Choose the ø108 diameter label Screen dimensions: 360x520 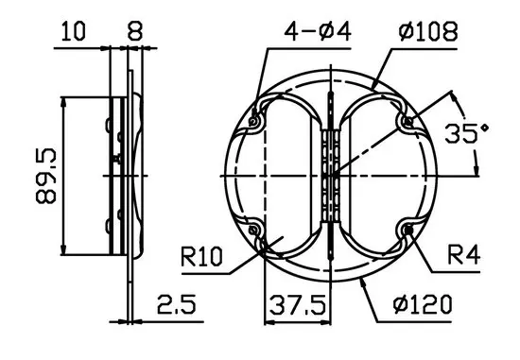coord(428,31)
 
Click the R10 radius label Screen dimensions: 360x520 coord(202,255)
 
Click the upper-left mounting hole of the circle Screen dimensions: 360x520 coord(255,121)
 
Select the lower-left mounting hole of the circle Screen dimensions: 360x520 coord(255,231)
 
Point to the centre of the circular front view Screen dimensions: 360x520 coord(330,176)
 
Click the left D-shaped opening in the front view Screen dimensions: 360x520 coord(284,176)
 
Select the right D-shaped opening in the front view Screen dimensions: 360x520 coord(378,176)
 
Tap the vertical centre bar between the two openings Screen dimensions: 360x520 coord(330,142)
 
